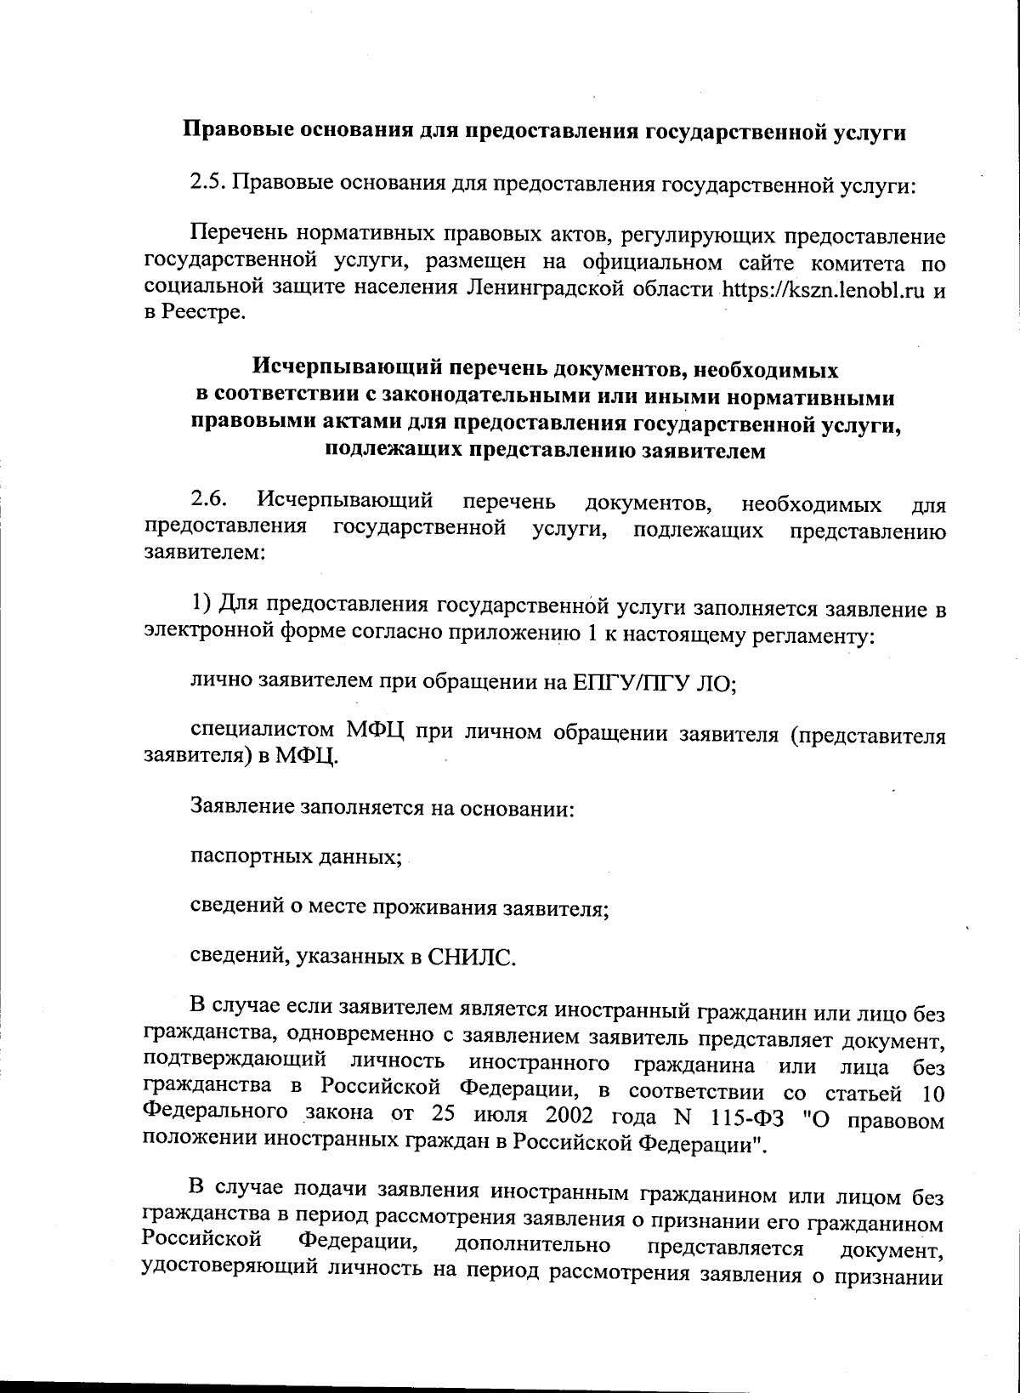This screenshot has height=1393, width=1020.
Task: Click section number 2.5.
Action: (x=207, y=184)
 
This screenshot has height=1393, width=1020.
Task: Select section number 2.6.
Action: (x=207, y=501)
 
